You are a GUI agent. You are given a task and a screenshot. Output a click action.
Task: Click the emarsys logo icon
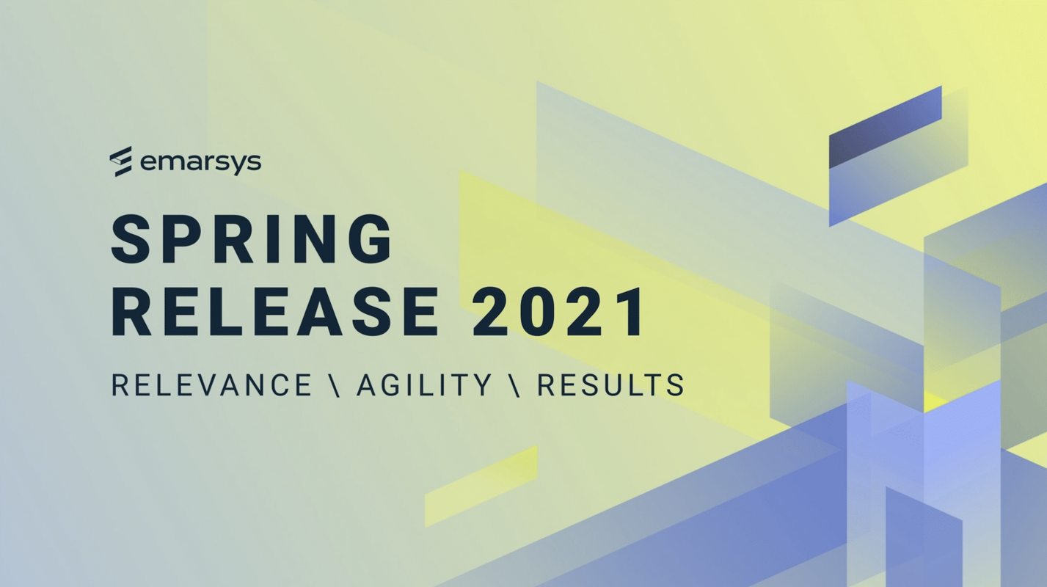(120, 161)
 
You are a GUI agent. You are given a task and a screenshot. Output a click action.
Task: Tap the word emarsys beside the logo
(200, 161)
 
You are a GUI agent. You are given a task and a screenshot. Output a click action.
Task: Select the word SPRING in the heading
(252, 240)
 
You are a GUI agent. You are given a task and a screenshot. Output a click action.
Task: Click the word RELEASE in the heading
(275, 313)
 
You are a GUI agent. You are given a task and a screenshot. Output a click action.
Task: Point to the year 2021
(559, 313)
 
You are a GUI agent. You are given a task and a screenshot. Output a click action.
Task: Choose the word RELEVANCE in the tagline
(212, 385)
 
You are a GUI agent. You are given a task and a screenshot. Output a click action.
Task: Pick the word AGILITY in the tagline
(424, 385)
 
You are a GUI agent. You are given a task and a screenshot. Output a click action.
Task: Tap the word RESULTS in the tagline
(610, 385)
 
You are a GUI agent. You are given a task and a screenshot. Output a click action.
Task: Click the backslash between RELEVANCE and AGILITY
(335, 385)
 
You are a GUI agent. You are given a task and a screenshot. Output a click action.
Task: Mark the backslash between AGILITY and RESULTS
(514, 385)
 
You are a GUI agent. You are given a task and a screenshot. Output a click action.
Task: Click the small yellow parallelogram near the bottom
(481, 486)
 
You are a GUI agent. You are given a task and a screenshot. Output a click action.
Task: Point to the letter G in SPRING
(371, 240)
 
